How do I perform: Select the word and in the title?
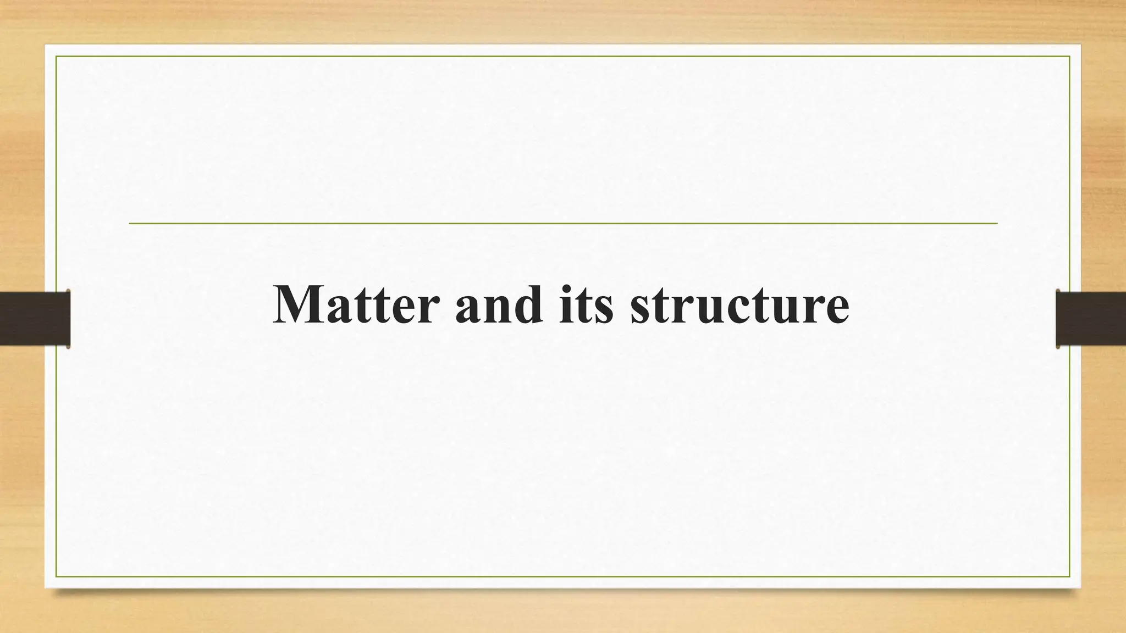499,306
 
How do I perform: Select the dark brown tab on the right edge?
1091,319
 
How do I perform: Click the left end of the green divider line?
130,224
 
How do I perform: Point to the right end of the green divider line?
996,224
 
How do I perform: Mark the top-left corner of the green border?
56,56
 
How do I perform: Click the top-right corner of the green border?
1070,56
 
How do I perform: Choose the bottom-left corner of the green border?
56,576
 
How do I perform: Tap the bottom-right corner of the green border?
1070,576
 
